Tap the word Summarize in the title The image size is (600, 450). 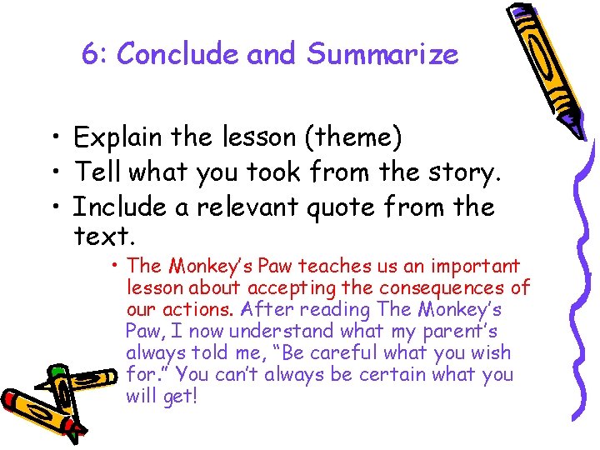382,55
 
